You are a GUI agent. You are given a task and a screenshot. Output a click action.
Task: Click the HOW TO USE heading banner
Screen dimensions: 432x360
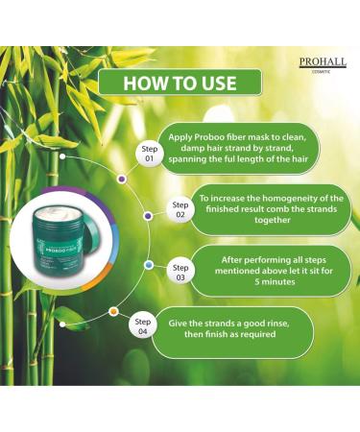tap(179, 83)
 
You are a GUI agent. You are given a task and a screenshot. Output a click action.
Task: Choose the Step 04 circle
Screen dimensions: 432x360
tap(143, 326)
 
